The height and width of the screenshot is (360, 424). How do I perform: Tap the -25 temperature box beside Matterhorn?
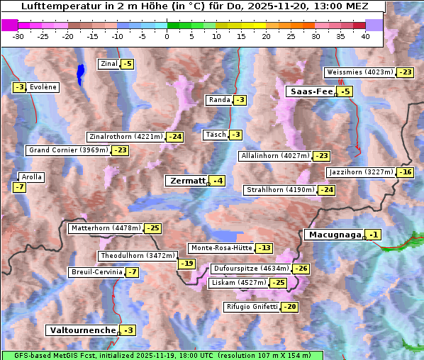pos(152,228)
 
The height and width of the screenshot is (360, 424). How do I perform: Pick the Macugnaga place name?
pos(333,235)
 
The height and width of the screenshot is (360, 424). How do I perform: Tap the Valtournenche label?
pos(82,330)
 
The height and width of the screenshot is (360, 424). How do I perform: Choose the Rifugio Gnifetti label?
pos(251,307)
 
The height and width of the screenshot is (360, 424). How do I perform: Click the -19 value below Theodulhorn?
pos(186,264)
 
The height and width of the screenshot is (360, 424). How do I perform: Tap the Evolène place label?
pos(43,87)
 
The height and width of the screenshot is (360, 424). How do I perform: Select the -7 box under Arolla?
pos(19,187)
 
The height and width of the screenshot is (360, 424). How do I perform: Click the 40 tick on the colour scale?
pos(365,35)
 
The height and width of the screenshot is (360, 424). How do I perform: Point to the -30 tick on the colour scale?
pos(18,35)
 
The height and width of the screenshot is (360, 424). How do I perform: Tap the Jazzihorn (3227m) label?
pos(361,172)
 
